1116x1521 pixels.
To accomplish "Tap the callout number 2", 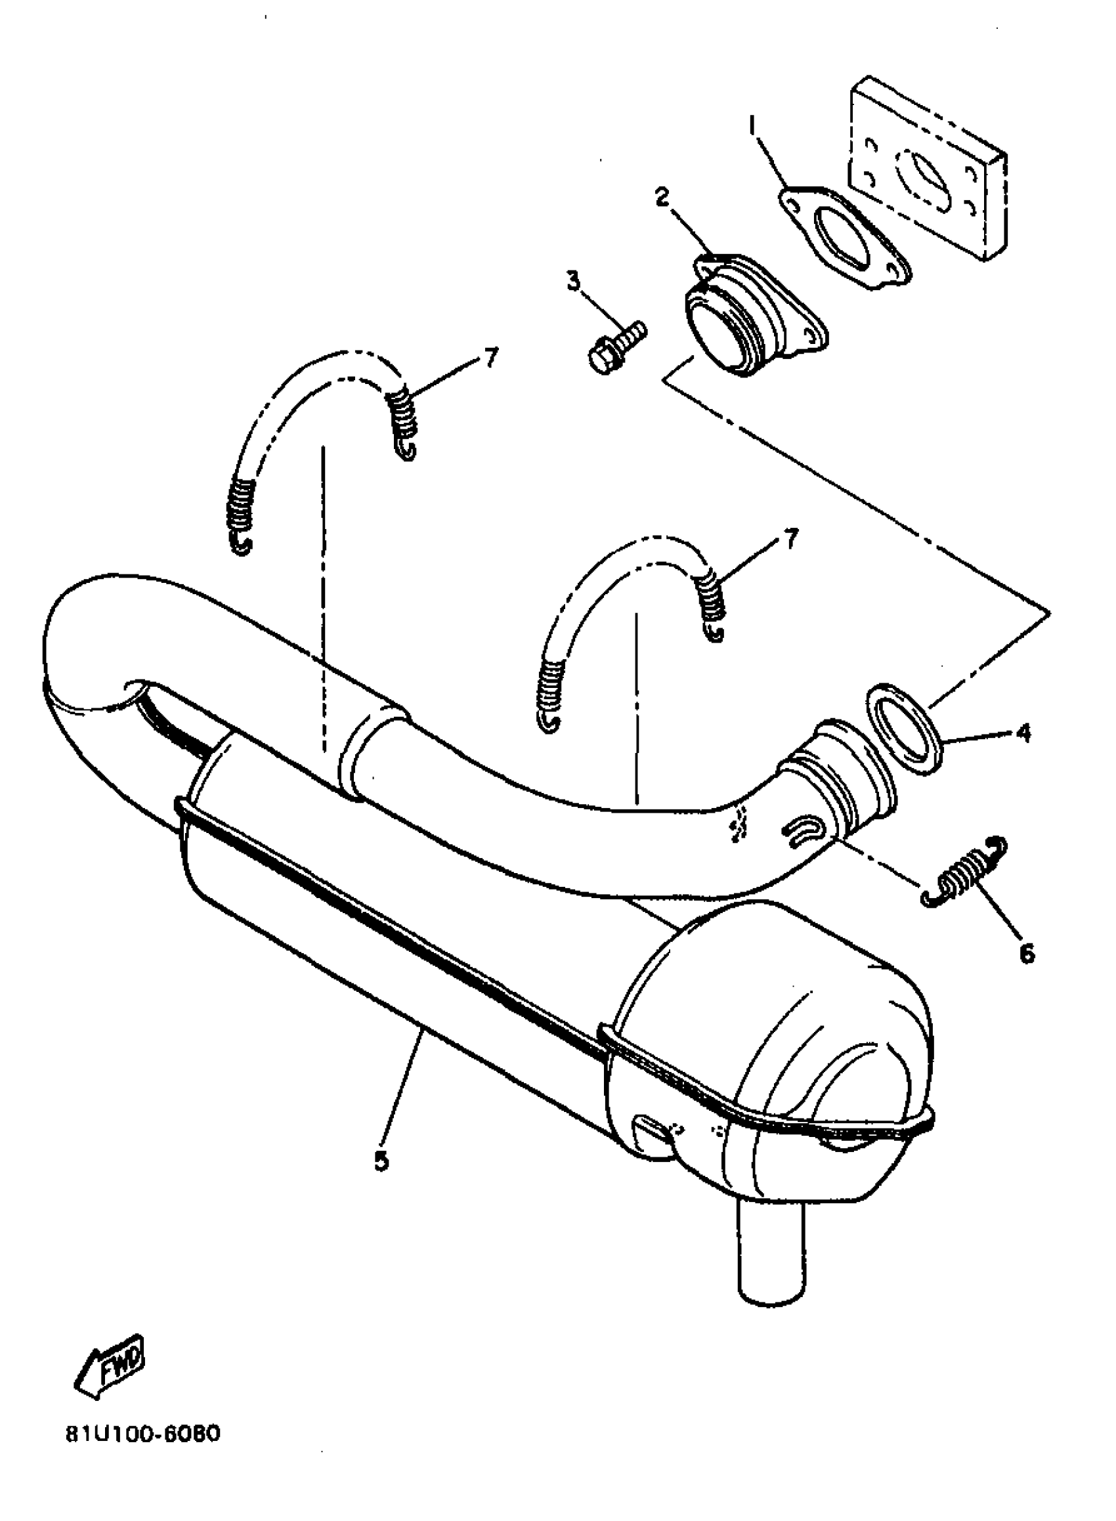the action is tap(661, 197).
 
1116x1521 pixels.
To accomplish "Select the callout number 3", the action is tap(574, 281).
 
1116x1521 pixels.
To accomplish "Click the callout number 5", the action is tap(381, 1161).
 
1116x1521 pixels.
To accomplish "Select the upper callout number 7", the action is tap(491, 357).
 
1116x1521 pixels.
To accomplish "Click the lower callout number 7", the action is tap(790, 538).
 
